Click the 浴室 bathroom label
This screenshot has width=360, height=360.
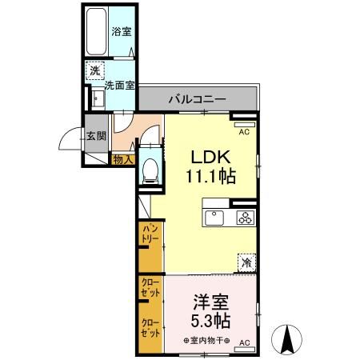coord(122,32)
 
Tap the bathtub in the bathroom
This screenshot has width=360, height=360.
coord(98,33)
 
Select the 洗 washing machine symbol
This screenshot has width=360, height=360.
coord(95,70)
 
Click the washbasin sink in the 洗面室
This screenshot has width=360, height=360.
coord(98,99)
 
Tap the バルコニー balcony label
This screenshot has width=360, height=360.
coord(196,99)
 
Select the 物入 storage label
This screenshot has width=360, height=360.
coord(122,160)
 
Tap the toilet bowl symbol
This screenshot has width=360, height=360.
coord(149,170)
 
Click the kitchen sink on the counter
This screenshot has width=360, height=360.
coord(218,217)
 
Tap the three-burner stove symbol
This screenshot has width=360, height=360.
coord(243,217)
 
